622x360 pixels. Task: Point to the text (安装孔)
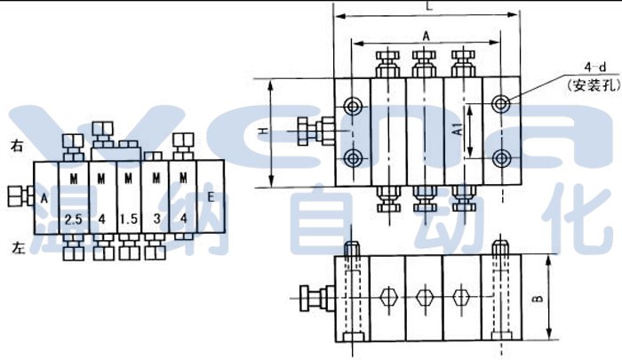[x=587, y=85]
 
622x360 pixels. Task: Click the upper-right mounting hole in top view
[x=503, y=104]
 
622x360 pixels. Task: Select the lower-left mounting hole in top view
[x=355, y=159]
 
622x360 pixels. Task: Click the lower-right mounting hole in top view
[x=503, y=159]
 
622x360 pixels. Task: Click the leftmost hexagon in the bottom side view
[x=387, y=297]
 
